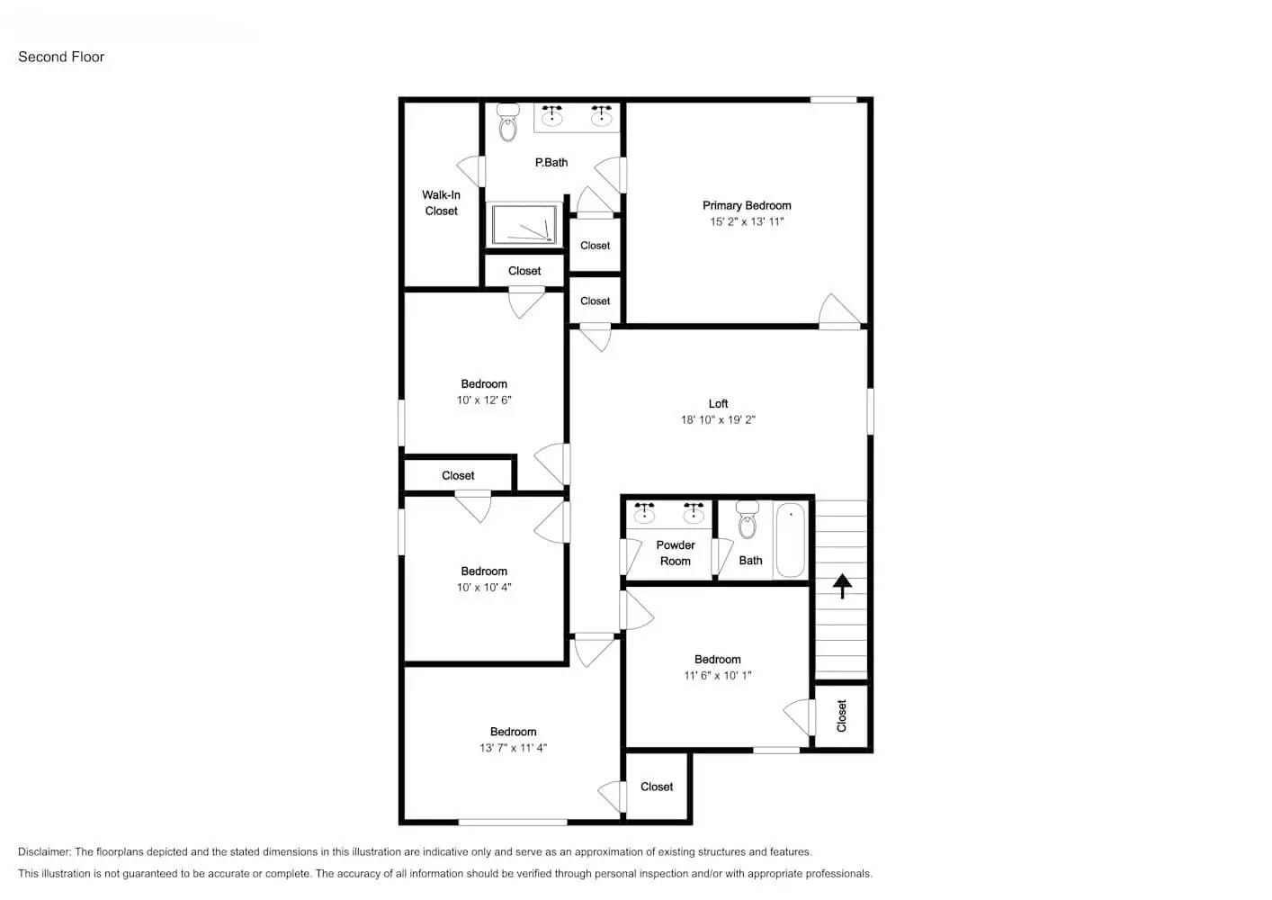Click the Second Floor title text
coord(61,57)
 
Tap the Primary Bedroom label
coord(747,205)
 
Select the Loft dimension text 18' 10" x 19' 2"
coord(718,419)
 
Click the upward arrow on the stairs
coord(842,587)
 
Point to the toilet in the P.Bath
coord(508,123)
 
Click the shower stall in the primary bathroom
coord(524,223)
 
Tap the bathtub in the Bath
coord(791,539)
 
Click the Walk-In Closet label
coord(441,202)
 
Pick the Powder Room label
coord(675,553)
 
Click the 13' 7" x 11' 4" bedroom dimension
coord(513,748)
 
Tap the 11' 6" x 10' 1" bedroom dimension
coord(717,675)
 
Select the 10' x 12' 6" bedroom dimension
coord(484,400)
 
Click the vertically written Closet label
coord(842,716)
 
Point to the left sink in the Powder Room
coord(644,514)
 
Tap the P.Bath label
coord(551,163)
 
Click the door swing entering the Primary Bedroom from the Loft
coord(838,310)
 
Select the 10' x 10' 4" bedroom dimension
coord(484,587)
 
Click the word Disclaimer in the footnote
coord(44,851)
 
